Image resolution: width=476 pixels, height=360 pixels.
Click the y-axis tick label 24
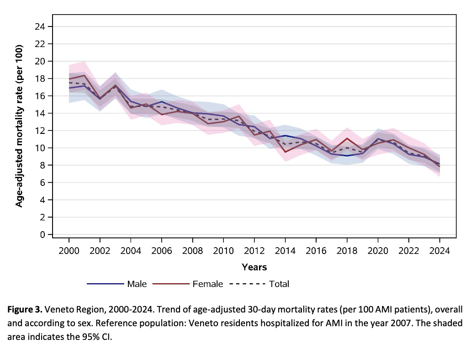coord(40,26)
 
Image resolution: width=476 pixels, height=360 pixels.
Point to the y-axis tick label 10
coord(40,148)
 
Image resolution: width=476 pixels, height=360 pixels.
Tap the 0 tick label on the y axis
coord(42,234)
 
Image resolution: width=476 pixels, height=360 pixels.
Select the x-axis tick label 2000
coord(69,251)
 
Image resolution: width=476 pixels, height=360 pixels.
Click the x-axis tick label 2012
coord(254,251)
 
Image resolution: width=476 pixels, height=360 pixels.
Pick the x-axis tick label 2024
coord(439,251)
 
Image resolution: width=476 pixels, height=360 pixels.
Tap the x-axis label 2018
coord(347,251)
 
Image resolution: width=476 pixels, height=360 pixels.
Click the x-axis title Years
coord(254,267)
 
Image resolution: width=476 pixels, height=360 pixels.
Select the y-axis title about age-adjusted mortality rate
coord(19,126)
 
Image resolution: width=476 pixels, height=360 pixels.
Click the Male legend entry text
coord(137,284)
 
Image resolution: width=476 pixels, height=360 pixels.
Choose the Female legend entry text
coord(208,284)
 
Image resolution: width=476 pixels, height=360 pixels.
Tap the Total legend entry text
coord(279,284)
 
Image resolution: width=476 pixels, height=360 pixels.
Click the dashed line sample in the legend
coord(248,284)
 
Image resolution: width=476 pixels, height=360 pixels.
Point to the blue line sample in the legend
coord(106,284)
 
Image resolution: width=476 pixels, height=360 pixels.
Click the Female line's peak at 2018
coord(347,138)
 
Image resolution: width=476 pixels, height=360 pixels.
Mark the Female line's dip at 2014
coord(286,152)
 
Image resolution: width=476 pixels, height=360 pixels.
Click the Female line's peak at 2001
coord(85,75)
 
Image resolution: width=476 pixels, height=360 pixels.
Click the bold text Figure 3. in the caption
coord(25,310)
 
